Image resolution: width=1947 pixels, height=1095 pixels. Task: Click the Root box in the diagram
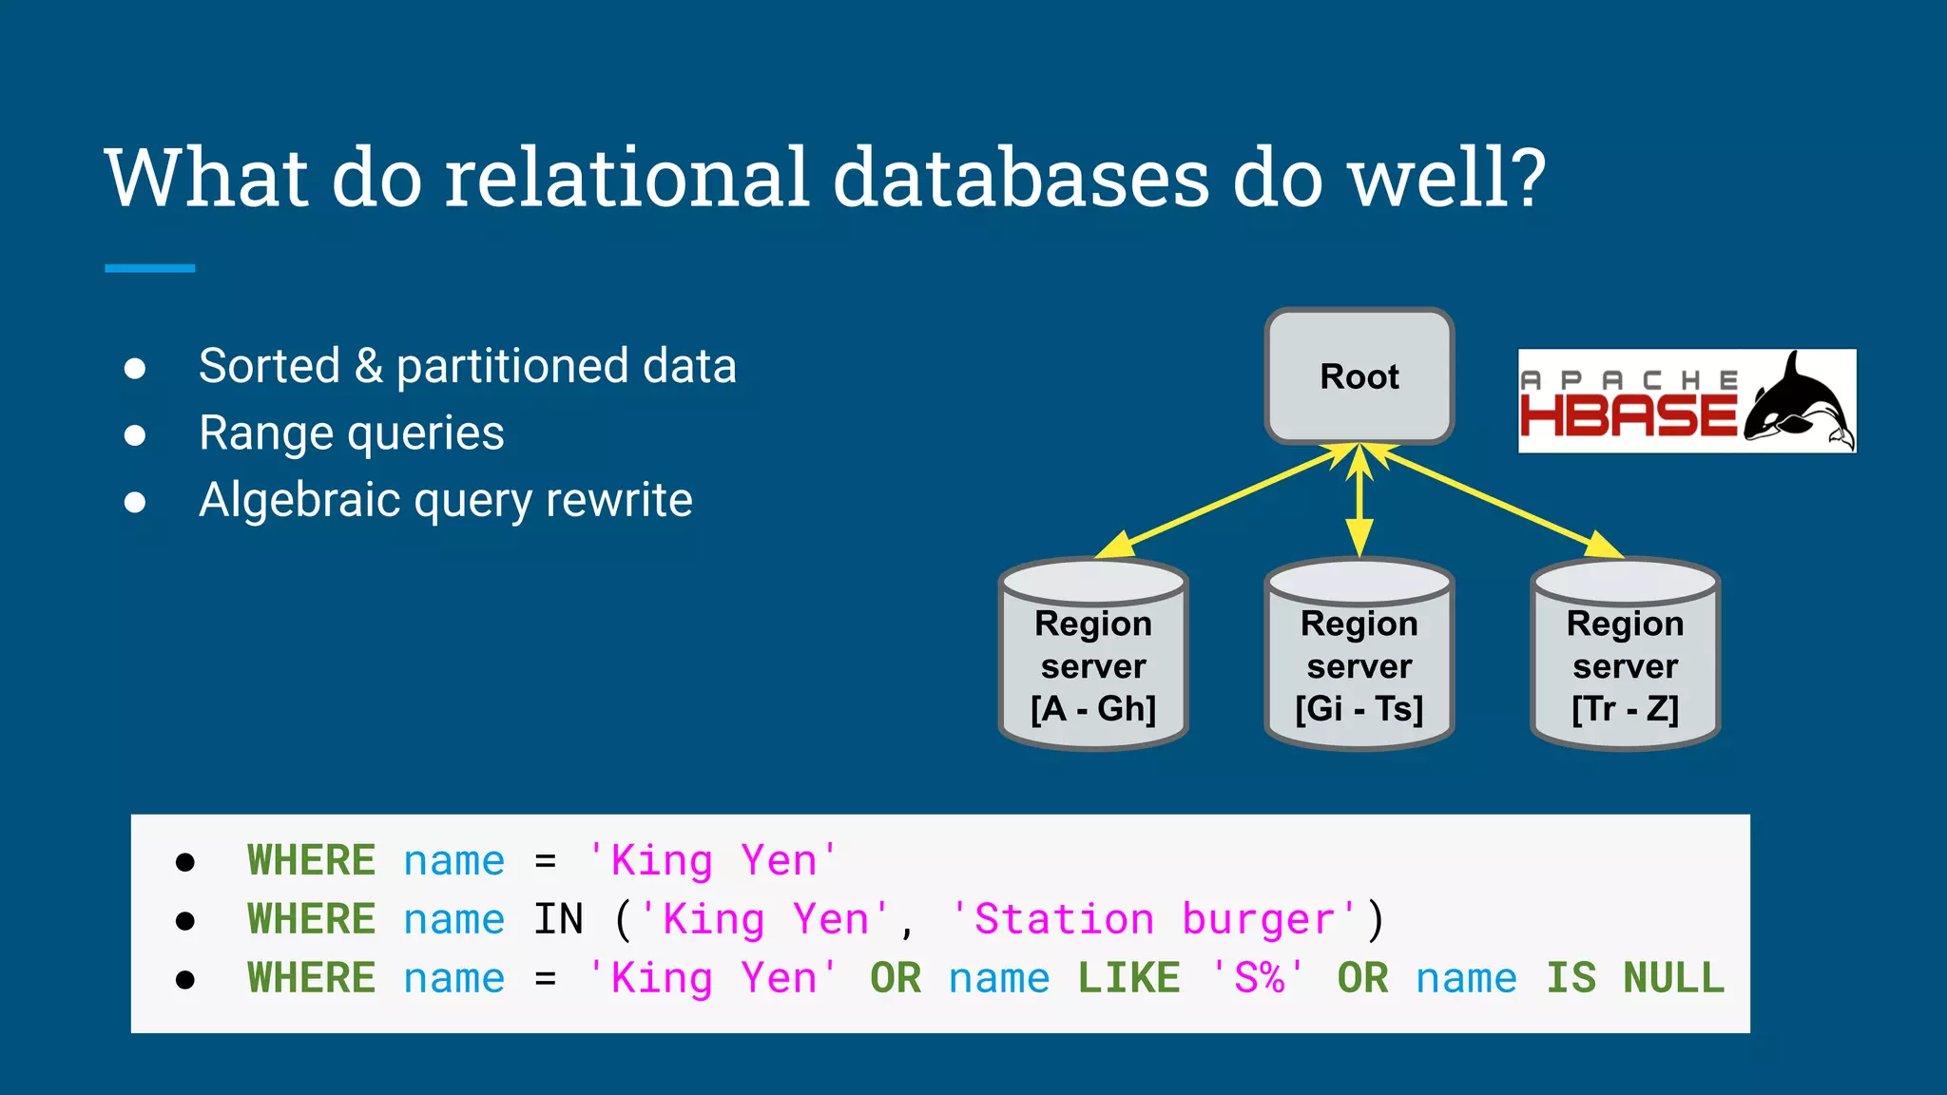click(1359, 376)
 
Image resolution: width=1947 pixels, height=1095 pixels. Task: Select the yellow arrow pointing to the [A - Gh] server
click(1226, 501)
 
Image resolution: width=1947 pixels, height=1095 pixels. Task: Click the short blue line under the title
click(150, 268)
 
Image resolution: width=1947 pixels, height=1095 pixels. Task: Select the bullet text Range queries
click(351, 433)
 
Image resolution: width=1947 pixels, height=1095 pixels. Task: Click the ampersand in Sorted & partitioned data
click(368, 367)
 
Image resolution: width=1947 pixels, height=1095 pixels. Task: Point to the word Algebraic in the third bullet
click(299, 501)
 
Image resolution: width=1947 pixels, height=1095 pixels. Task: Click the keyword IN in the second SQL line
click(558, 919)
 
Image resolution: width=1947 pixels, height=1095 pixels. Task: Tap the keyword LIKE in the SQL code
click(1128, 978)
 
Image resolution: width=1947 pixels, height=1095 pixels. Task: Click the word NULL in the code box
click(1673, 978)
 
